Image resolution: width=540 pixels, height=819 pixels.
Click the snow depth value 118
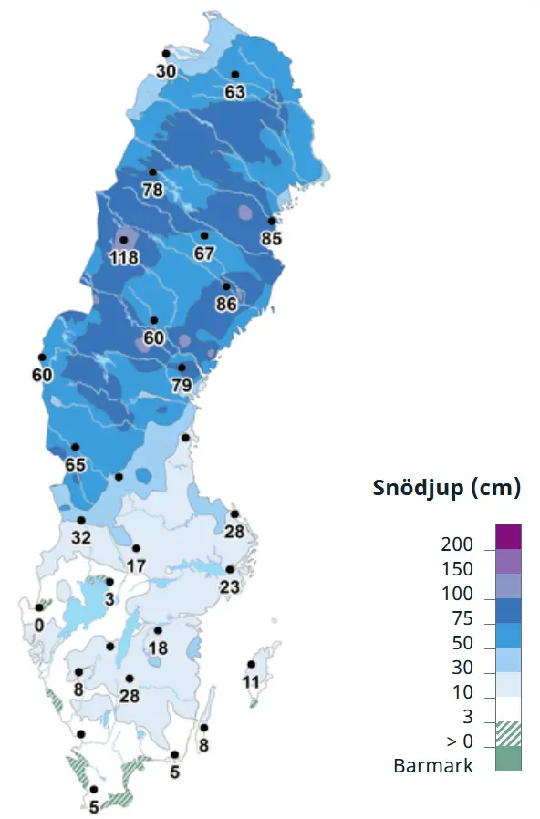click(x=123, y=258)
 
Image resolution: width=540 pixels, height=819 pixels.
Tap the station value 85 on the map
click(x=271, y=239)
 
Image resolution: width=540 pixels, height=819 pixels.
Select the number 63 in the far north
click(x=234, y=92)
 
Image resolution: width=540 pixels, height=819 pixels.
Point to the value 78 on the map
click(x=152, y=190)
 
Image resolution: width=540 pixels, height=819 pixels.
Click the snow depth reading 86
click(x=226, y=304)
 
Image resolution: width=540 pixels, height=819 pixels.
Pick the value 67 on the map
click(x=203, y=254)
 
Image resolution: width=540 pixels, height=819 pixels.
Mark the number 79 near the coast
click(x=182, y=386)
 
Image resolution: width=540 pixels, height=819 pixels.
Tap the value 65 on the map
click(x=75, y=465)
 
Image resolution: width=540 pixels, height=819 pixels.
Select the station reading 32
click(x=81, y=538)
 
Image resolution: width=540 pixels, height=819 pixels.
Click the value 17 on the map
click(x=136, y=566)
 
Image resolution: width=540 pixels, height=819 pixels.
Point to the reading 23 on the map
click(x=229, y=587)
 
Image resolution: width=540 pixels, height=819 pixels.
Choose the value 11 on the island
click(x=251, y=682)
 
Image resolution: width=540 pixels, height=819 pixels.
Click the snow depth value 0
click(x=38, y=626)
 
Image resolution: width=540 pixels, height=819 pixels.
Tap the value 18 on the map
click(x=158, y=648)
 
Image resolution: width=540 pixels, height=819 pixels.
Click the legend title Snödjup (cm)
click(x=446, y=488)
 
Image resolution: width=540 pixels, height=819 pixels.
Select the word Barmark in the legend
click(x=433, y=766)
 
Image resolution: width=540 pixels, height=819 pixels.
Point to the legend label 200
click(x=456, y=545)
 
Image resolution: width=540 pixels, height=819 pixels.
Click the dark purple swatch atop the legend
click(x=508, y=536)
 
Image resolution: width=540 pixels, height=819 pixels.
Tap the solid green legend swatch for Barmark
click(x=508, y=759)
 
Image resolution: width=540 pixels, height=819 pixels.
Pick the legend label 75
click(x=462, y=620)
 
